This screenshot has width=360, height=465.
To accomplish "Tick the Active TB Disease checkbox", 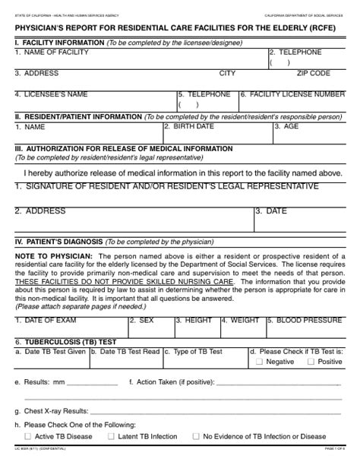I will pyautogui.click(x=28, y=436).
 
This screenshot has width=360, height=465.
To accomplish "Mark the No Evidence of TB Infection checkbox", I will pyautogui.click(x=196, y=436).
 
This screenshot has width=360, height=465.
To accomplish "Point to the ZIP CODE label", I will pyautogui.click(x=313, y=74).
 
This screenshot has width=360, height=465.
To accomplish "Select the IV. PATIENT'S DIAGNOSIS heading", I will pyautogui.click(x=58, y=242).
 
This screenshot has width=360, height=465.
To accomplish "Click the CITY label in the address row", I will pyautogui.click(x=227, y=74).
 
